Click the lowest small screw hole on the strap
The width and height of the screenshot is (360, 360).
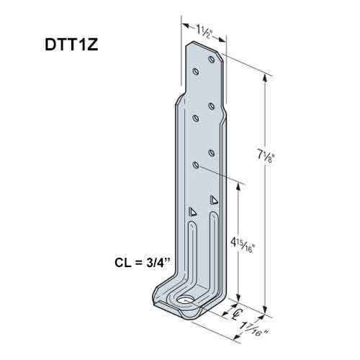196,165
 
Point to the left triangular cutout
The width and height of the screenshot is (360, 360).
192,212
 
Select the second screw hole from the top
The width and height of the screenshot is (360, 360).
195,71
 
